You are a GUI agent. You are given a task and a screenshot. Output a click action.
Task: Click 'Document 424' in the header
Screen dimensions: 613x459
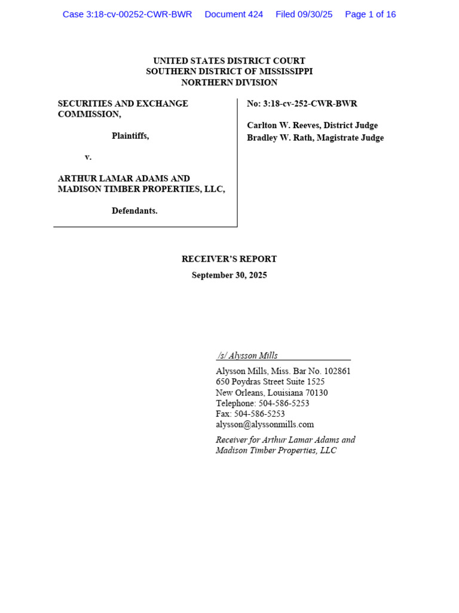coord(234,14)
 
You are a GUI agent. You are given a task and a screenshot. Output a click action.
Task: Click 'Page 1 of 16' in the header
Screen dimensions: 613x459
coord(370,14)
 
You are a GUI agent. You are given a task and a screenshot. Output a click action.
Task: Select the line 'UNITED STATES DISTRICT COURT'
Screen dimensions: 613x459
coord(229,61)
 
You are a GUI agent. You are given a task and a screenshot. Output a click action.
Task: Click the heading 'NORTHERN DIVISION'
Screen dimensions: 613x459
coord(229,83)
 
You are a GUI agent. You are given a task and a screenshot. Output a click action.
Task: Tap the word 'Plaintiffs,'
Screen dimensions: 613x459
coord(130,136)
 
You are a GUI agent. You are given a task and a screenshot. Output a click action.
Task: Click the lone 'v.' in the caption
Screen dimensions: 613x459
coord(88,157)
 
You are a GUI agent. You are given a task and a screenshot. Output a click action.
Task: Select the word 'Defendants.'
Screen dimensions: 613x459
coord(134,211)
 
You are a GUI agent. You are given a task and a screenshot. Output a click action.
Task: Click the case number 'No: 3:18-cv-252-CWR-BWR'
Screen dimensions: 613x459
coord(302,104)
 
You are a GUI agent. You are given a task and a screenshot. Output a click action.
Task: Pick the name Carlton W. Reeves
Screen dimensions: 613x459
coord(282,125)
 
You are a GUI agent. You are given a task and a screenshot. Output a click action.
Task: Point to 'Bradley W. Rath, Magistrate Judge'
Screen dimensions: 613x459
coord(315,138)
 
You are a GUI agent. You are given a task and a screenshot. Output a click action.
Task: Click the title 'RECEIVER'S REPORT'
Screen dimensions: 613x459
coord(229,259)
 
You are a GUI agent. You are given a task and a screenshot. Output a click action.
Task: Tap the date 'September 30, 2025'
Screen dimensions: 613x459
coord(229,275)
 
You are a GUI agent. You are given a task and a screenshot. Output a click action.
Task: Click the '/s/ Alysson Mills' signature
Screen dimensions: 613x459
coord(248,356)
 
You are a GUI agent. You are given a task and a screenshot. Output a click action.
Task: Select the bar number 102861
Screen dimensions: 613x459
coord(336,371)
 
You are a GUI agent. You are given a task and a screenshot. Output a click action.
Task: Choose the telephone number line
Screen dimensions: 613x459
coord(262,403)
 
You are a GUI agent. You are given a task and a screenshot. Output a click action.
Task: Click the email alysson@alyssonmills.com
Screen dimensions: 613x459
coord(265,424)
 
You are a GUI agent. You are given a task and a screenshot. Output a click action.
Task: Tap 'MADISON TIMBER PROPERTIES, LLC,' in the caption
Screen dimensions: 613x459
coord(141,189)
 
